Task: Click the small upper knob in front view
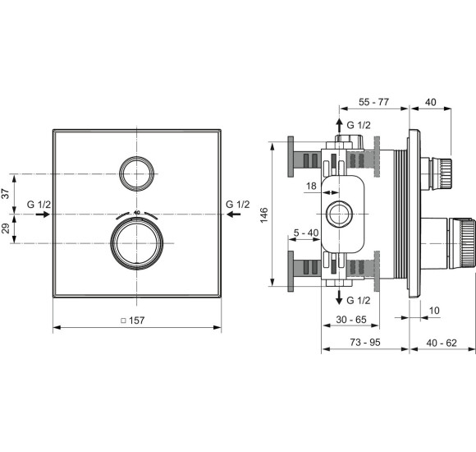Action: pyautogui.click(x=137, y=172)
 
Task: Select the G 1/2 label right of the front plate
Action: pyautogui.click(x=237, y=204)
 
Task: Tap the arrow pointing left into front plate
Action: pyautogui.click(x=234, y=214)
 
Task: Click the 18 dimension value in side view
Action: pyautogui.click(x=310, y=187)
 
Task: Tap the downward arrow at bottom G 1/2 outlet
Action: pyautogui.click(x=337, y=299)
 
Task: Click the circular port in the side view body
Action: pyautogui.click(x=338, y=215)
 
